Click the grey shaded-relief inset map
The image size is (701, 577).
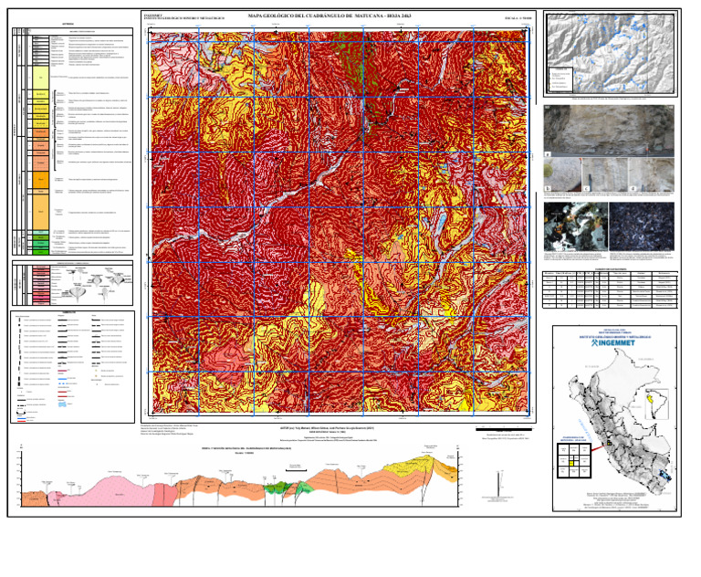[611, 55]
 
